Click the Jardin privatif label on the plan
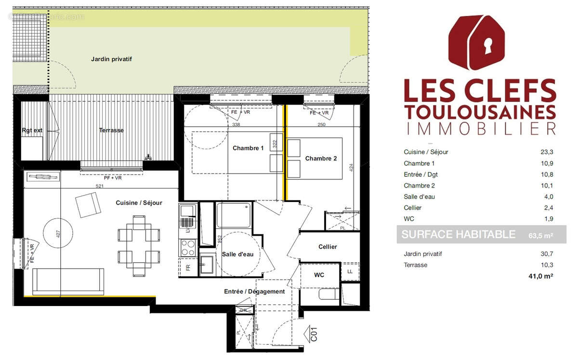point(111,59)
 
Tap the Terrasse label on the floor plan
point(111,130)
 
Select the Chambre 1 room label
point(248,148)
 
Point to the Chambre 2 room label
point(321,159)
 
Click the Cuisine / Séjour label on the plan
point(139,203)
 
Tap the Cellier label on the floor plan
point(328,247)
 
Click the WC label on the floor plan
point(319,275)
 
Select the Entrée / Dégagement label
point(254,291)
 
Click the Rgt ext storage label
point(32,130)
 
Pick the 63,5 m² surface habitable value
point(539,235)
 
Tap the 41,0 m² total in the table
point(540,276)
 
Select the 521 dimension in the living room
point(100,186)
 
